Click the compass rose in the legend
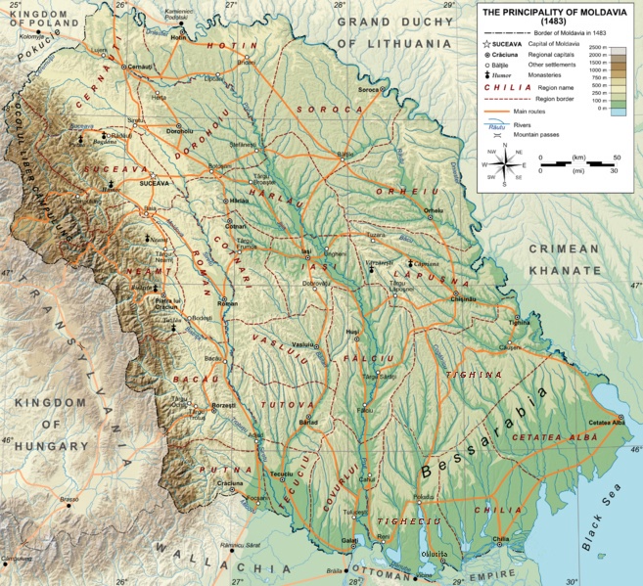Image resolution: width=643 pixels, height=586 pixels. click(x=504, y=163)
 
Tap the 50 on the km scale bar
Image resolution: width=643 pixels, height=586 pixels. click(x=617, y=157)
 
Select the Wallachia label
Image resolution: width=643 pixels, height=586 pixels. click(x=201, y=564)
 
